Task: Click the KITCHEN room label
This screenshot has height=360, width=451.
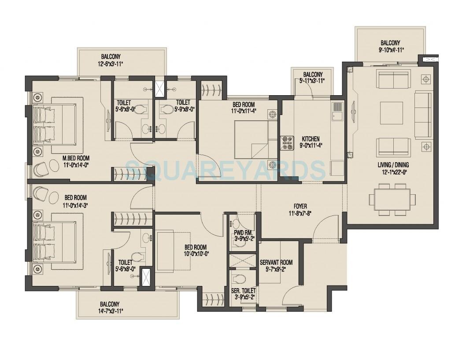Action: point(311,138)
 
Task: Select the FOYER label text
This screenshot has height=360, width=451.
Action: point(300,206)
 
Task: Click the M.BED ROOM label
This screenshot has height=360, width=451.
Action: point(76,158)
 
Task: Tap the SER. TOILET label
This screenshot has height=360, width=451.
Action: point(243,290)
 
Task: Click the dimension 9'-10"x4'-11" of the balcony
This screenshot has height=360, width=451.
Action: point(390,50)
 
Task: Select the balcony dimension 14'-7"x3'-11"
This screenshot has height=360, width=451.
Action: point(108,311)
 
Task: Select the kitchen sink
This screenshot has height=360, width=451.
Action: point(338,108)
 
